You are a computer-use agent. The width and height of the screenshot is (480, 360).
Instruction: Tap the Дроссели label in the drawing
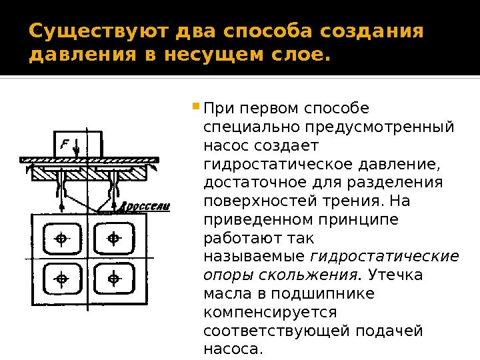145,207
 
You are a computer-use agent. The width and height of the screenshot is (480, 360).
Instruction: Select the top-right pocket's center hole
113,238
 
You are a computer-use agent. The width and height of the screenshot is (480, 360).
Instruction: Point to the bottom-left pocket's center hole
61,279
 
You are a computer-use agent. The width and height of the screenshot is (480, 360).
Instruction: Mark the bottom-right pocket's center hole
113,279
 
